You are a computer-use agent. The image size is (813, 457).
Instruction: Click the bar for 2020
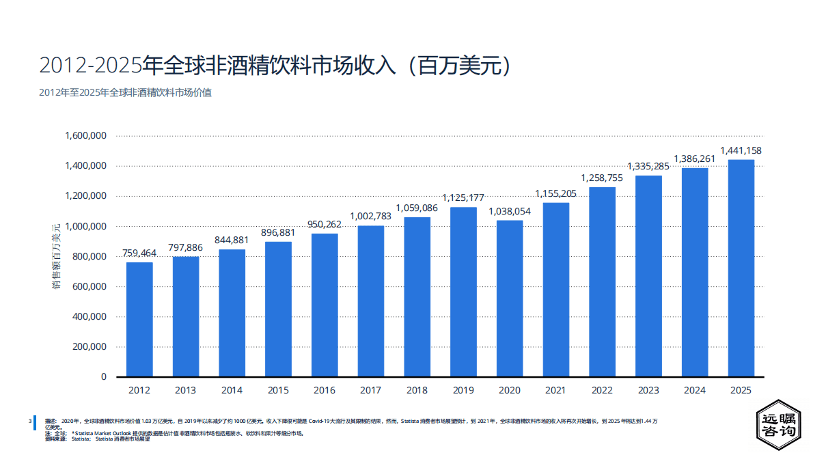point(510,298)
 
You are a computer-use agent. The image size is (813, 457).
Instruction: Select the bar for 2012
point(139,319)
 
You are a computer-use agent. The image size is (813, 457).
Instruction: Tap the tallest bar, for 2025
point(741,268)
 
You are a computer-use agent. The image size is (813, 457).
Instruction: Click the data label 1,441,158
point(741,150)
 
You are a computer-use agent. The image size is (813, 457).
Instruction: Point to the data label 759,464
point(139,253)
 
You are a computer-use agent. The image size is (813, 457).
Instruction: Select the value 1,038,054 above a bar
point(510,211)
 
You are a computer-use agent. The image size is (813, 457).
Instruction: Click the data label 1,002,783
point(371,217)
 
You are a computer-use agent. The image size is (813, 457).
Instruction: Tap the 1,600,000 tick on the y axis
point(85,136)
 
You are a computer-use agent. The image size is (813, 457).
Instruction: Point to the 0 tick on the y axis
point(104,377)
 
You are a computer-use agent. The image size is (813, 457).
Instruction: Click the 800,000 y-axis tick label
point(88,256)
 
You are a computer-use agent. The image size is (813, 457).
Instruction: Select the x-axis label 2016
point(325,391)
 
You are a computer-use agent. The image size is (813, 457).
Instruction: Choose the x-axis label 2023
point(648,391)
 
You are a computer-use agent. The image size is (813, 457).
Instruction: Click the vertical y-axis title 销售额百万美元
point(57,256)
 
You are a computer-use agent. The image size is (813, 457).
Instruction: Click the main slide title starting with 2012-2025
point(276,66)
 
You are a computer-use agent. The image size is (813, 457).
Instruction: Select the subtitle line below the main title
point(125,92)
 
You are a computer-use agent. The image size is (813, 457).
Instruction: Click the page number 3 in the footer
point(29,421)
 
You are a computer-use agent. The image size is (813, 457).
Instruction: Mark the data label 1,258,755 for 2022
point(602,178)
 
